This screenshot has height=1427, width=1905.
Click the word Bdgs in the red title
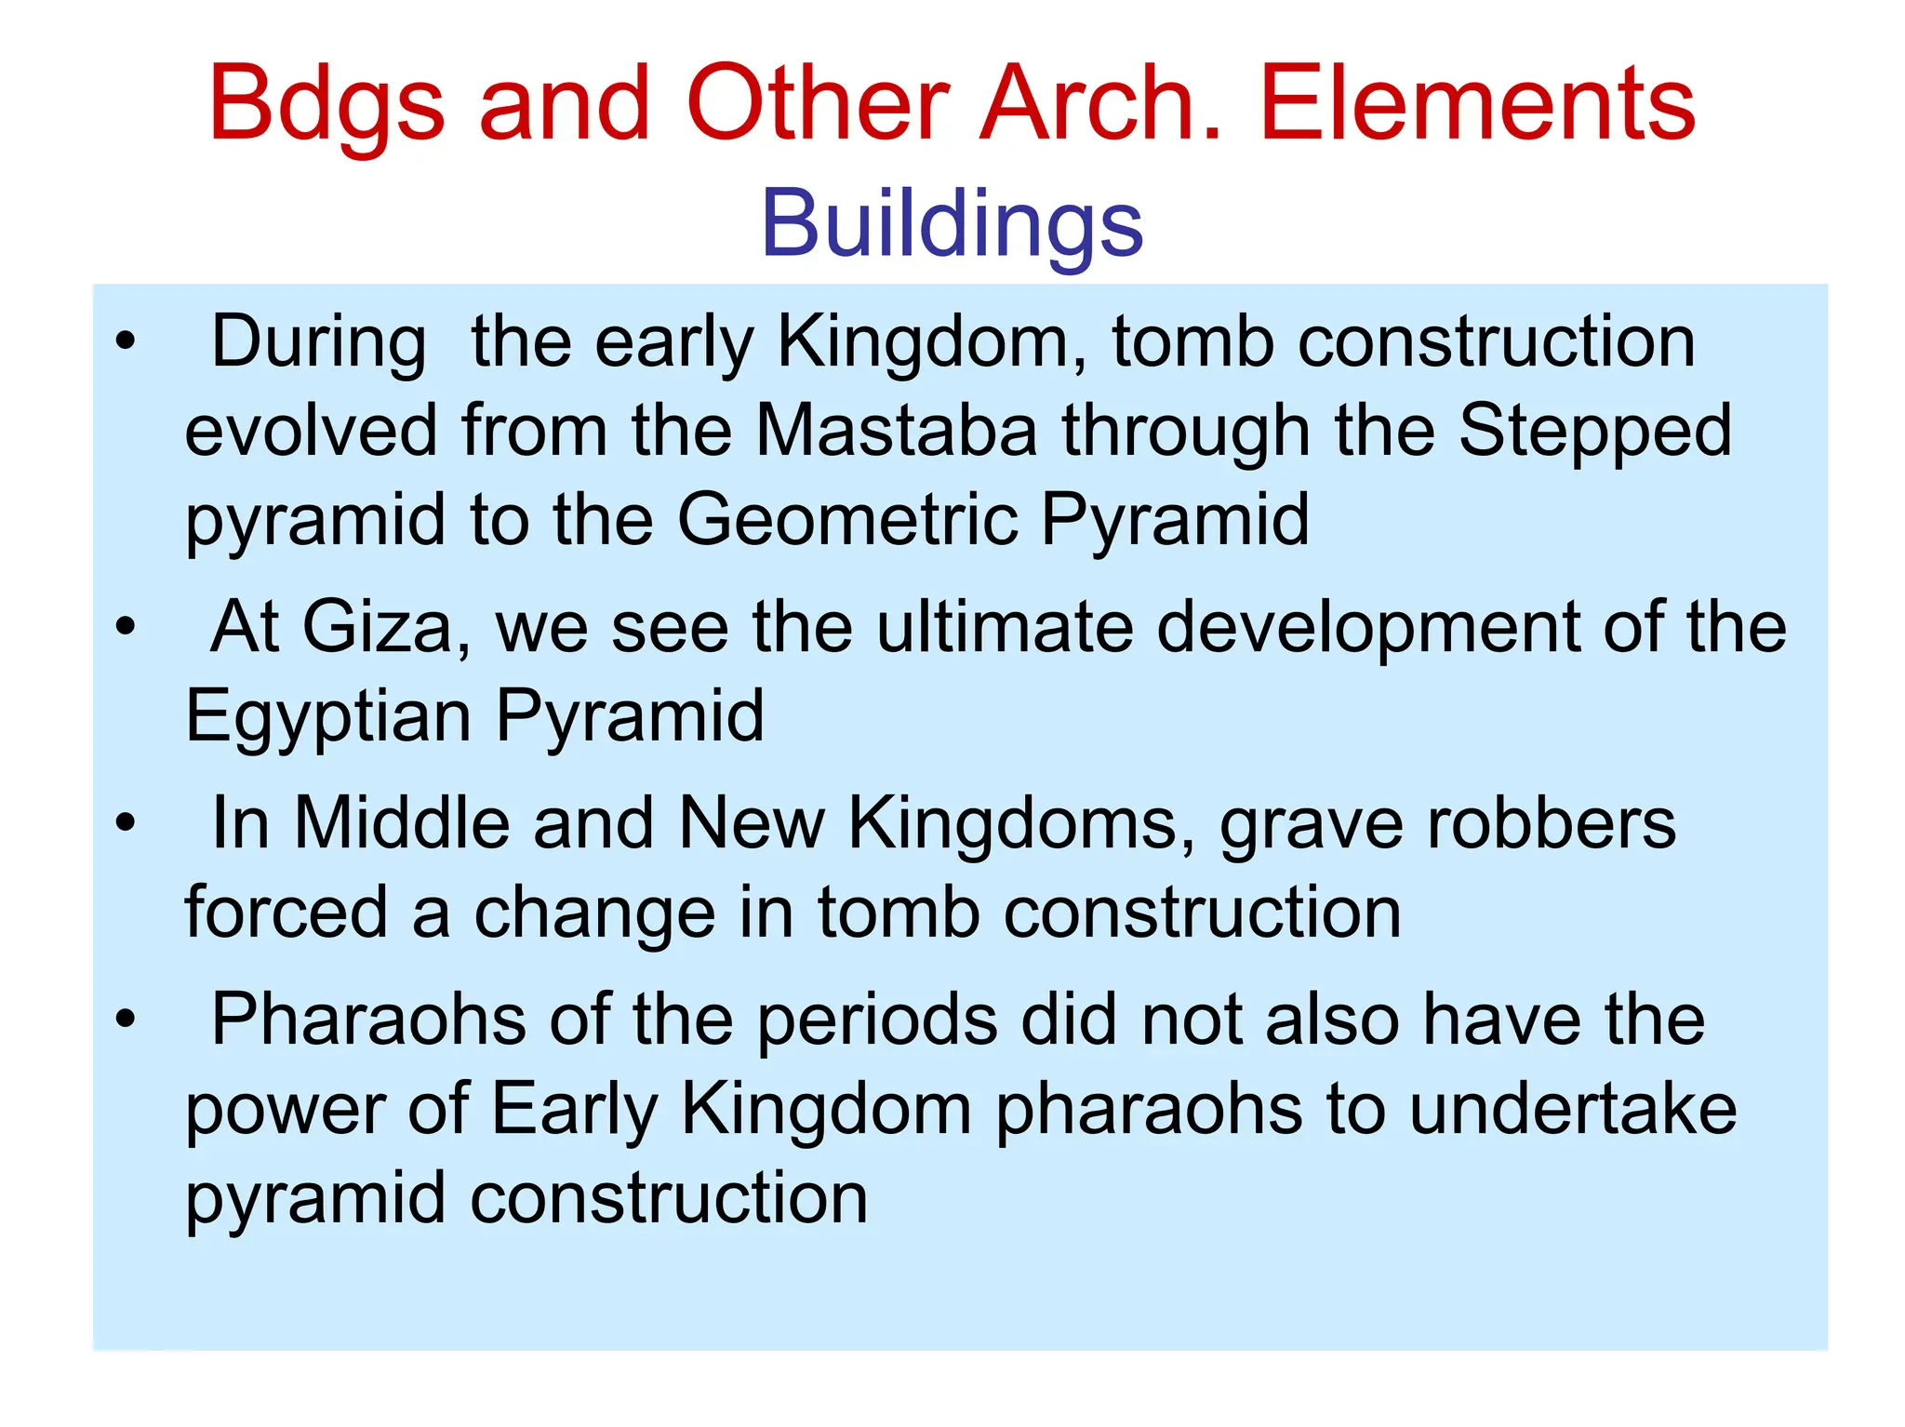tap(326, 104)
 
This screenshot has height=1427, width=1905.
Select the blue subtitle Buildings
tap(952, 224)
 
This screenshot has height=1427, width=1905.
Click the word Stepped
tap(1594, 432)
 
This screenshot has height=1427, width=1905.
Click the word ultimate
tap(1005, 627)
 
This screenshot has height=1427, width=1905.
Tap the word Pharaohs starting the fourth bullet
tap(368, 1020)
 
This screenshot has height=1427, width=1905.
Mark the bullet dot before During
tap(126, 341)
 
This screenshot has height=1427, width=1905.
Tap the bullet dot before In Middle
tap(126, 822)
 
